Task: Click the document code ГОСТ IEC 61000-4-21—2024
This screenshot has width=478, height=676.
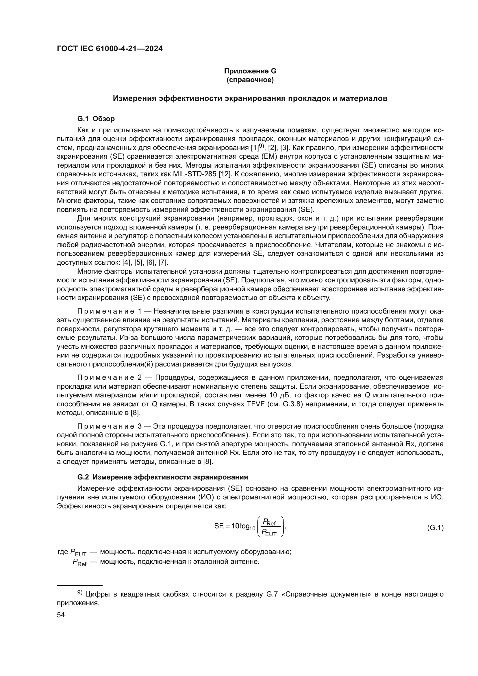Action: [110, 49]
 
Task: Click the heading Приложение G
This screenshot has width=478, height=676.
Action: [250, 71]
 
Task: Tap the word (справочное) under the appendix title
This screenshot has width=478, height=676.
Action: [250, 80]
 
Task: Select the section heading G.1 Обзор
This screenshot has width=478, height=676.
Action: [96, 119]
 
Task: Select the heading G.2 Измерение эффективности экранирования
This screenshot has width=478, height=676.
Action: [162, 477]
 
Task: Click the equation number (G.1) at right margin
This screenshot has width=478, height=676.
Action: [435, 528]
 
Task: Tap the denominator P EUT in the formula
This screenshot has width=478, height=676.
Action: [269, 533]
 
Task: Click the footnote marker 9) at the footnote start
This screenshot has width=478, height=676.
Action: [80, 593]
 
